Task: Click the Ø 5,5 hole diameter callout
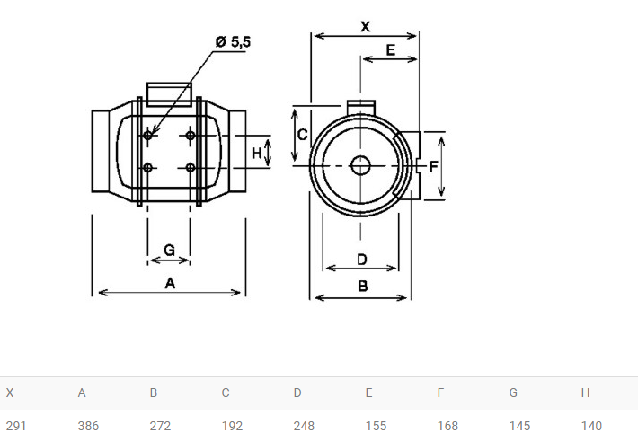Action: pyautogui.click(x=233, y=41)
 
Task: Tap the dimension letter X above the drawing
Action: pyautogui.click(x=366, y=27)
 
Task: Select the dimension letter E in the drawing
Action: pyautogui.click(x=390, y=50)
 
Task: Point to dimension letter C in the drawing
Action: pyautogui.click(x=302, y=134)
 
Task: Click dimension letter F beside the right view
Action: pyautogui.click(x=433, y=166)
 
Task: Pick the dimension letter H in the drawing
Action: pyautogui.click(x=256, y=153)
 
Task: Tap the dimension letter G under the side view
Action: pyautogui.click(x=169, y=250)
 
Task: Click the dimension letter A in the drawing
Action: pyautogui.click(x=170, y=283)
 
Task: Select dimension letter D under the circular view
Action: pyautogui.click(x=362, y=260)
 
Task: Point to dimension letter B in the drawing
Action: pyautogui.click(x=362, y=286)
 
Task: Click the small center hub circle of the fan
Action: pyautogui.click(x=360, y=165)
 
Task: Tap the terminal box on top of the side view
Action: pyautogui.click(x=169, y=94)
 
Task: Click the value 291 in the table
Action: pyautogui.click(x=16, y=426)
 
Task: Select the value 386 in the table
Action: pyautogui.click(x=88, y=426)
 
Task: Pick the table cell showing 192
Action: pyautogui.click(x=232, y=426)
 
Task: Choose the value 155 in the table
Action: pyautogui.click(x=376, y=426)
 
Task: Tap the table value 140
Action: pyautogui.click(x=591, y=426)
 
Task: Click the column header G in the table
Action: pyautogui.click(x=513, y=392)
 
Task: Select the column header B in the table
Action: pyautogui.click(x=154, y=392)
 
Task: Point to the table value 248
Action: pyautogui.click(x=304, y=426)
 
